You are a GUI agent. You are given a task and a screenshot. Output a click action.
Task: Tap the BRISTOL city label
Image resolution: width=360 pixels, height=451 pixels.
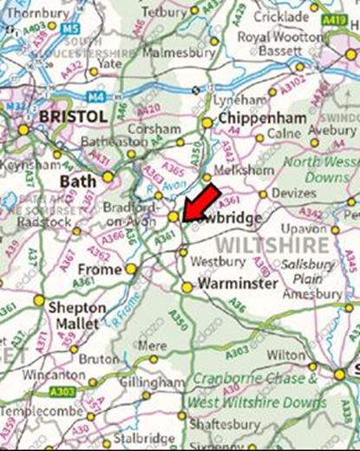pyautogui.click(x=73, y=115)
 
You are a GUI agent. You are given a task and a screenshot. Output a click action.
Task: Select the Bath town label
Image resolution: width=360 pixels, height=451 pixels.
pyautogui.click(x=76, y=180)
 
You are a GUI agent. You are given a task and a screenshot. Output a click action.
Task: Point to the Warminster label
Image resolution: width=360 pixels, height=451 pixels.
pyautogui.click(x=238, y=284)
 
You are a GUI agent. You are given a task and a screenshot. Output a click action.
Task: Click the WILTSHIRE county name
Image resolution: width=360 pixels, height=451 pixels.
pyautogui.click(x=272, y=245)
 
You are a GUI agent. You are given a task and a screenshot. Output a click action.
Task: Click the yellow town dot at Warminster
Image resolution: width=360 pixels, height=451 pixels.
pyautogui.click(x=187, y=287)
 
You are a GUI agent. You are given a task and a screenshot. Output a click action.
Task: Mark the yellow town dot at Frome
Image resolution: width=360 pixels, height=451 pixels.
pyautogui.click(x=131, y=269)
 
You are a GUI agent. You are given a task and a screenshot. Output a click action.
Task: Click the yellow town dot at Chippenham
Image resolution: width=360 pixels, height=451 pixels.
pyautogui.click(x=207, y=123)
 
